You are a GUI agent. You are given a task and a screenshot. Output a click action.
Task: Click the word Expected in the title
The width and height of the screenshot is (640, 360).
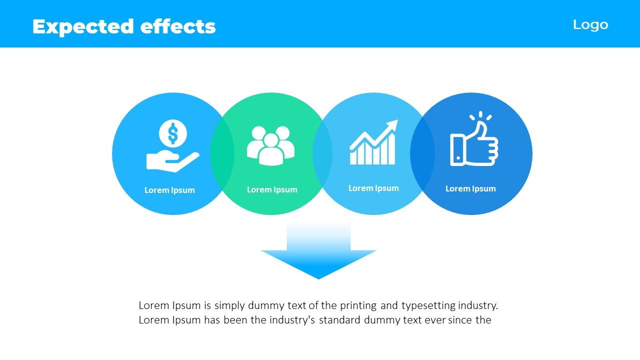(x=83, y=27)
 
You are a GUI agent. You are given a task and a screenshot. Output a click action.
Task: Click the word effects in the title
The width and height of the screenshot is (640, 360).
(x=178, y=26)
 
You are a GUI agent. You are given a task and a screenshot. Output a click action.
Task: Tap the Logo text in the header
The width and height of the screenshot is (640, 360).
(x=590, y=25)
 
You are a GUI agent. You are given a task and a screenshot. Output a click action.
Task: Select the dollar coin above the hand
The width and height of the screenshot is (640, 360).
(x=173, y=133)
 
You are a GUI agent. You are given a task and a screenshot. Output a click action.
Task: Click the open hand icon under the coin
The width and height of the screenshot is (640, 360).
(x=172, y=161)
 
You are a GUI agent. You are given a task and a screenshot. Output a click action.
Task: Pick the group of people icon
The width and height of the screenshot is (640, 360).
(x=270, y=145)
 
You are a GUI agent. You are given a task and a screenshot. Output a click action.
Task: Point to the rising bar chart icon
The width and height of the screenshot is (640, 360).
(x=373, y=142)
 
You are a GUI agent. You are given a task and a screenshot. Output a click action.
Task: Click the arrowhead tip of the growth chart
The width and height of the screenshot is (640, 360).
(x=397, y=119)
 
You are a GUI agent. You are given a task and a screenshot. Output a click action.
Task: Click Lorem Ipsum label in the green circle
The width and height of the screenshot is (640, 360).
(x=272, y=189)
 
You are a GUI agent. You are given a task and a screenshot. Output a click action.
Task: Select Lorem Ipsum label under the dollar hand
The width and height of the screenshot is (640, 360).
(x=169, y=190)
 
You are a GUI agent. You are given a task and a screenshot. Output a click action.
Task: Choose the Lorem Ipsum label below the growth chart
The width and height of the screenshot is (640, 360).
(x=373, y=188)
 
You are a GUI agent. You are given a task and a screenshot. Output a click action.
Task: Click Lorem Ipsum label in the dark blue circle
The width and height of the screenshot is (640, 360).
(x=470, y=189)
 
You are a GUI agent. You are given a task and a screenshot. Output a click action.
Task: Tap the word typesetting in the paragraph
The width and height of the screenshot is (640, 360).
(x=428, y=306)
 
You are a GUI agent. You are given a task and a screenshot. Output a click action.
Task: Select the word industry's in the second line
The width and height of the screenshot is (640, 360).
(x=292, y=320)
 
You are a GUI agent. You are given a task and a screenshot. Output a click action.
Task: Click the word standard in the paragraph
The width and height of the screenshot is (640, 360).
(x=339, y=320)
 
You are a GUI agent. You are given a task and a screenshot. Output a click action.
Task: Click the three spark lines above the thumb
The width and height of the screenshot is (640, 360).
(x=480, y=115)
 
